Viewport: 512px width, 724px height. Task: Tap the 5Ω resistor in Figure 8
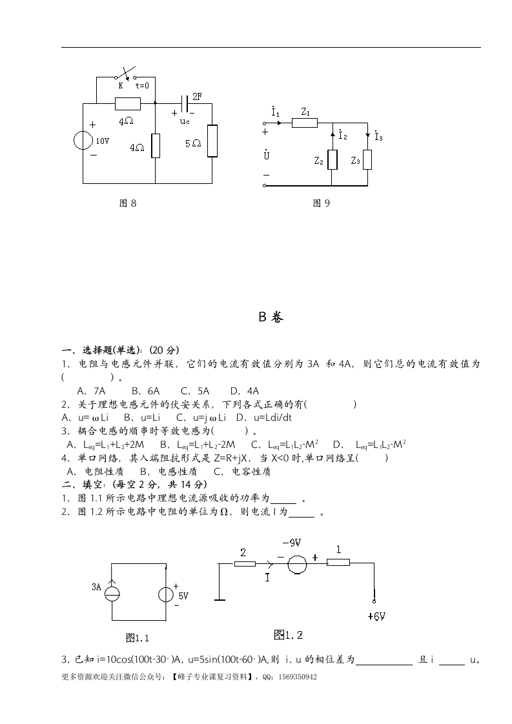[x=212, y=141]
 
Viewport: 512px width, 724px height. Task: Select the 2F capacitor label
[x=197, y=96]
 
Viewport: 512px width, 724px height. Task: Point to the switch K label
[x=120, y=85]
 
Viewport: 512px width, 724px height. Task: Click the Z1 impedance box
[x=305, y=123]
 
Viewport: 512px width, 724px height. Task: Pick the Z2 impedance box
[x=333, y=159]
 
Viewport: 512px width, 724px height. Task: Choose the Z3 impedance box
[x=367, y=159]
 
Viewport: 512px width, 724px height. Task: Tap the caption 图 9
[x=322, y=203]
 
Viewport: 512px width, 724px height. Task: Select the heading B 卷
[x=271, y=317]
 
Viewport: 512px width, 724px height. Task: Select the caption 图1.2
[x=288, y=635]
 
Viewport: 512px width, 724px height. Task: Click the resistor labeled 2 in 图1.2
[x=245, y=563]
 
